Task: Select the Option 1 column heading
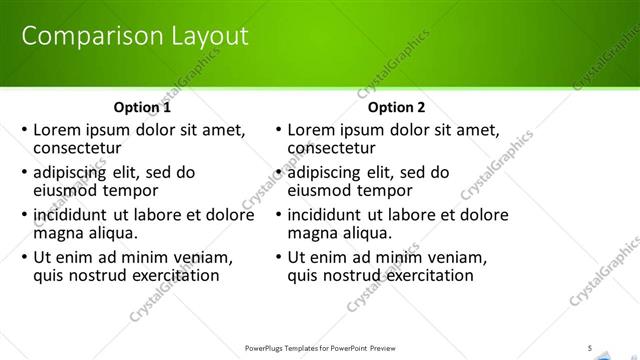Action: pos(142,107)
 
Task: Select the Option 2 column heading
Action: pos(396,107)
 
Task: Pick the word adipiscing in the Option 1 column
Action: pos(76,172)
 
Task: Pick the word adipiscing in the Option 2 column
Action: pos(330,172)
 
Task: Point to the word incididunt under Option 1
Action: pos(78,214)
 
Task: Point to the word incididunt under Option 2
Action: pos(332,214)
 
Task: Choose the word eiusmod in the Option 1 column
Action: pos(69,190)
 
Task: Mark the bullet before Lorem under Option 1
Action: pos(24,130)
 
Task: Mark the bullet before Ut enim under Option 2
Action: pos(278,257)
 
